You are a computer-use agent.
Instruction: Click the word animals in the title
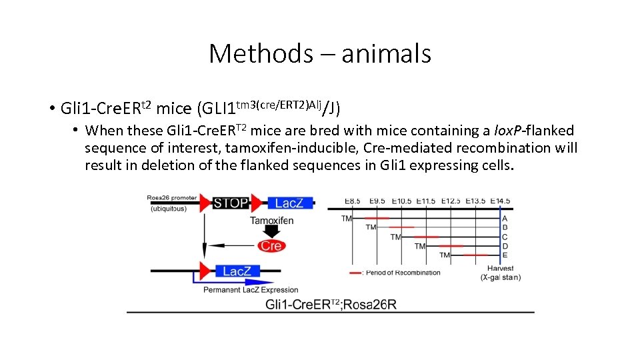(386, 53)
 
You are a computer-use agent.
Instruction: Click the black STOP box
(231, 203)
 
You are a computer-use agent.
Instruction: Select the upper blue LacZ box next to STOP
(289, 203)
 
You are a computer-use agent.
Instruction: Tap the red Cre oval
(271, 246)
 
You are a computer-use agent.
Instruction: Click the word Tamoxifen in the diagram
(272, 221)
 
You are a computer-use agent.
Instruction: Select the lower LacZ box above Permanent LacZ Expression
(237, 271)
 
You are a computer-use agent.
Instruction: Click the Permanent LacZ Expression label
(251, 290)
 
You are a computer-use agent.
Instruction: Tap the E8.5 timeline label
(353, 201)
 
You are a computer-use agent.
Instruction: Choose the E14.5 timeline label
(499, 201)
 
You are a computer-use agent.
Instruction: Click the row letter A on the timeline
(505, 218)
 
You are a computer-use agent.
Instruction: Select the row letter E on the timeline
(505, 255)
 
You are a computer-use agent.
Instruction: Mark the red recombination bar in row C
(425, 237)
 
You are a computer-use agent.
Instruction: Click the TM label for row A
(347, 218)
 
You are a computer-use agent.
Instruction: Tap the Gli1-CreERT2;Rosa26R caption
(331, 304)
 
